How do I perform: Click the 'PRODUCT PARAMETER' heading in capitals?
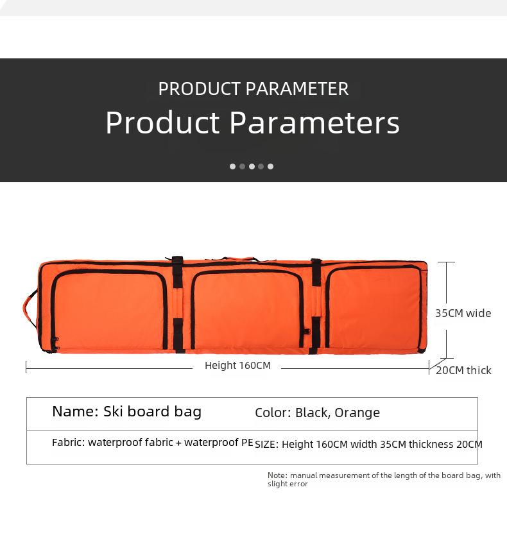pyautogui.click(x=253, y=89)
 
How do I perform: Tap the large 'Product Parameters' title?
pyautogui.click(x=252, y=123)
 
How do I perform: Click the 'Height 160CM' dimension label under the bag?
pyautogui.click(x=237, y=366)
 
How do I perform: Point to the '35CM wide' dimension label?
pyautogui.click(x=463, y=313)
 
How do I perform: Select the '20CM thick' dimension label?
pyautogui.click(x=464, y=370)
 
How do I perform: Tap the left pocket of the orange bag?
pyautogui.click(x=109, y=310)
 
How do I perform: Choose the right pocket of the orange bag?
pyautogui.click(x=374, y=307)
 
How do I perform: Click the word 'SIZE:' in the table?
pyautogui.click(x=267, y=445)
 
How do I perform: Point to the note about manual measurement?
pyautogui.click(x=384, y=479)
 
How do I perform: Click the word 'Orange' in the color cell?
pyautogui.click(x=357, y=413)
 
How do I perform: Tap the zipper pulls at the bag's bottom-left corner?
pyautogui.click(x=54, y=345)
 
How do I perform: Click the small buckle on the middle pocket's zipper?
pyautogui.click(x=307, y=332)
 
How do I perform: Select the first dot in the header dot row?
pyautogui.click(x=232, y=166)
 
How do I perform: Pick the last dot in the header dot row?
pyautogui.click(x=271, y=166)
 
